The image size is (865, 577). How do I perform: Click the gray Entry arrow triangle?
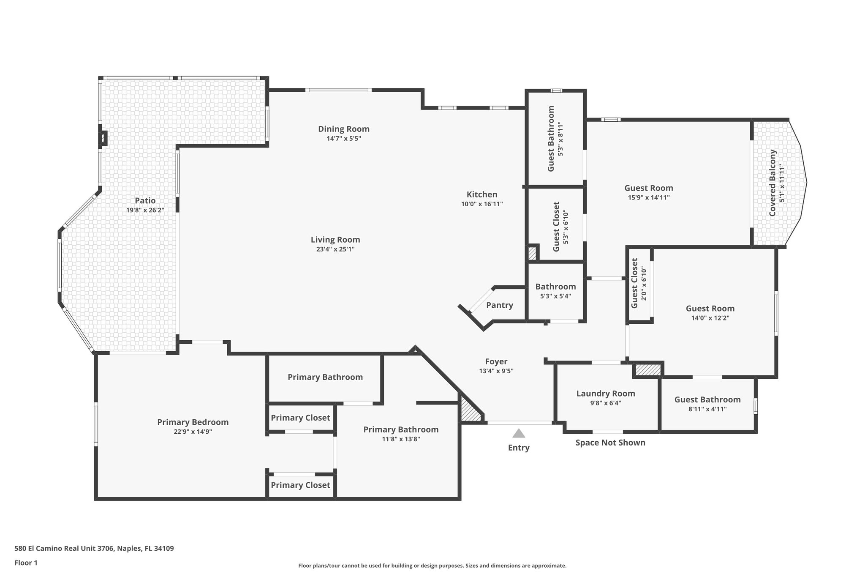(519, 433)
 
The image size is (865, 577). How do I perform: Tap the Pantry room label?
(500, 305)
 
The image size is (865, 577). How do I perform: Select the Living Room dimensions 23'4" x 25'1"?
(335, 249)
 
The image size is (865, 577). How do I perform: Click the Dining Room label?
(344, 129)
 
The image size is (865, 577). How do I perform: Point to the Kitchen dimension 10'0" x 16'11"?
(482, 204)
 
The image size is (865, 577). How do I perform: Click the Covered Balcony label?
(773, 183)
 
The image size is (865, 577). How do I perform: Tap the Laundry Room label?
(606, 394)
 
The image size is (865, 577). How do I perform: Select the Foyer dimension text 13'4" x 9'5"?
(496, 371)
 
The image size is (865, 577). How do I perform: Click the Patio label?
(145, 201)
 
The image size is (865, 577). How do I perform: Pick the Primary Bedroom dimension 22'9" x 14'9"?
(193, 432)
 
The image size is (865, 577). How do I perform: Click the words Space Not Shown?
(610, 443)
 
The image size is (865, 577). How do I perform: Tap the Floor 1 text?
(26, 563)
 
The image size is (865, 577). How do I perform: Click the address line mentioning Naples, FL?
(94, 549)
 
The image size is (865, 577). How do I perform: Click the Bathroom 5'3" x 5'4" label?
(555, 287)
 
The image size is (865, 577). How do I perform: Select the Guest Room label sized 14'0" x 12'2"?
(710, 309)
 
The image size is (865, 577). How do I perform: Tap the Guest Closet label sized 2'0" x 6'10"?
(634, 283)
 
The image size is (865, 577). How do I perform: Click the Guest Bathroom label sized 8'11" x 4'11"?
(707, 399)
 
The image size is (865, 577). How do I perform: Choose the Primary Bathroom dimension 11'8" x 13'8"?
(401, 439)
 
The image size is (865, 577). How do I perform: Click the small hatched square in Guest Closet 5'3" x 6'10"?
(532, 253)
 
